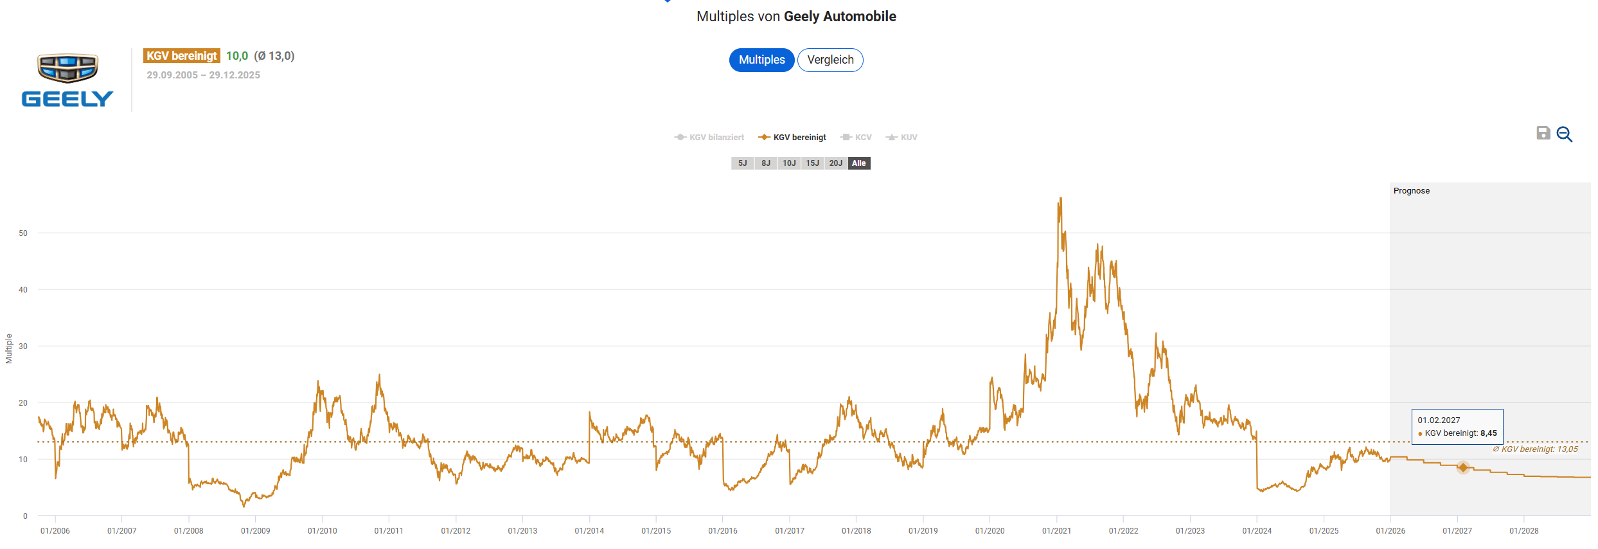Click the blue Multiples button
pos(761,60)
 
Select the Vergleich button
pos(830,60)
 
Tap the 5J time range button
pos(742,163)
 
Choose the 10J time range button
pos(789,163)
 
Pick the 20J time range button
pos(835,163)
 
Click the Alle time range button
pos(859,163)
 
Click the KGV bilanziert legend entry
pos(709,138)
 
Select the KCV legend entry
pos(857,138)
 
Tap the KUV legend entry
pos(902,138)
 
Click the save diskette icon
pos(1543,133)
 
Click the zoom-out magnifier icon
pos(1565,134)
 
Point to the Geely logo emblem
pos(67,67)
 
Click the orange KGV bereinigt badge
pos(182,56)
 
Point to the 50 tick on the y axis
pos(23,233)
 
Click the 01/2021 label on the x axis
pos(1056,531)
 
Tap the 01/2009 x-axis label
pos(255,531)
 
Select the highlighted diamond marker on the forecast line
pos(1463,467)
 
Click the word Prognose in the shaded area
pos(1412,191)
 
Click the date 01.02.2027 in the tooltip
pos(1439,420)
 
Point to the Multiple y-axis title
pos(9,348)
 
